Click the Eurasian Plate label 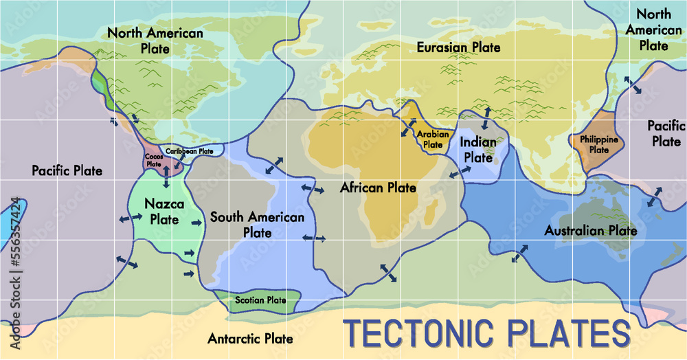coord(459,47)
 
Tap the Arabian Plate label coord(433,139)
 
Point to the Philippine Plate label coord(599,144)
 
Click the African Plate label coord(378,187)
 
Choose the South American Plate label coord(257,225)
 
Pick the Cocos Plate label coord(153,160)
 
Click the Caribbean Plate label coord(190,151)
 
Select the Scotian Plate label coord(260,300)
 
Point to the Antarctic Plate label coord(250,339)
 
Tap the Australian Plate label coord(591,230)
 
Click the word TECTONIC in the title coord(422,333)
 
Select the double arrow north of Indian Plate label coord(487,117)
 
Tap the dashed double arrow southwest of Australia coord(520,253)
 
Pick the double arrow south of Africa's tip coord(389,273)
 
